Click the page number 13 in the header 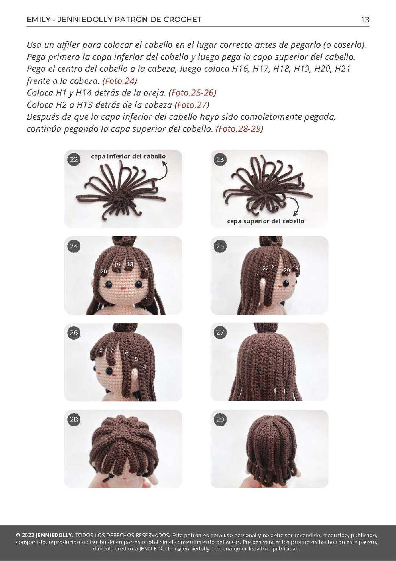tap(365, 20)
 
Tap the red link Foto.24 tap(120, 81)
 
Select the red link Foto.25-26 tap(192, 93)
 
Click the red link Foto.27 tap(192, 105)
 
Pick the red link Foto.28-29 tap(239, 129)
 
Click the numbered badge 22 tap(74, 160)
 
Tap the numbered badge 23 tap(220, 160)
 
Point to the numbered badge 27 tap(220, 332)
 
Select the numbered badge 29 tap(220, 420)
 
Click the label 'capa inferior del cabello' tap(128, 156)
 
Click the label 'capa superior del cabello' tap(266, 221)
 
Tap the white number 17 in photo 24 tap(144, 270)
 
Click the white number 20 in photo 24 tap(103, 271)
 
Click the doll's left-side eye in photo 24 tap(109, 284)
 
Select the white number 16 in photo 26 tap(125, 353)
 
